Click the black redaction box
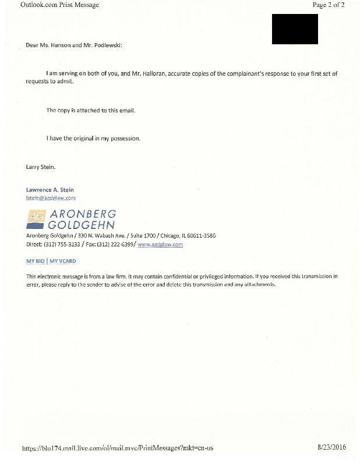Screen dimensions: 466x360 (x=295, y=29)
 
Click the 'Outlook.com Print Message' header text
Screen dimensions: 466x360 (x=51, y=5)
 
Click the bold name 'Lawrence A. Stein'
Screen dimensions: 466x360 (x=50, y=189)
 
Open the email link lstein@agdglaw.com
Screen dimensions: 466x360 (x=51, y=197)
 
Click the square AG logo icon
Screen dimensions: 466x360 (x=36, y=218)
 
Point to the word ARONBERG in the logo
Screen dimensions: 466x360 (x=83, y=213)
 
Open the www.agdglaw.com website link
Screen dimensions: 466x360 (x=160, y=245)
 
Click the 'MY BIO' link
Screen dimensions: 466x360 (x=36, y=261)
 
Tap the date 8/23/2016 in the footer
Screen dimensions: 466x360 (x=331, y=447)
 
